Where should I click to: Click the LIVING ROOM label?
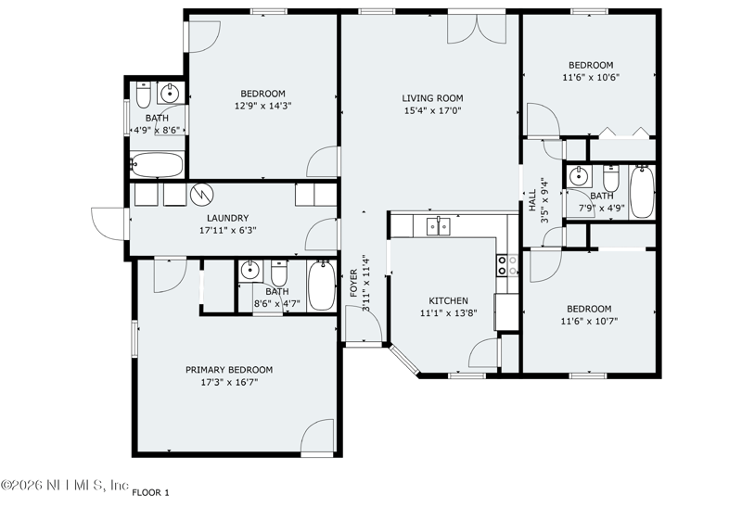[x=432, y=98]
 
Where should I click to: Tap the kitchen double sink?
[x=438, y=226]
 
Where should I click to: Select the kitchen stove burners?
[x=506, y=265]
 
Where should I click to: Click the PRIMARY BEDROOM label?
[x=229, y=370]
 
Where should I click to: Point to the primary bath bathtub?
[x=322, y=286]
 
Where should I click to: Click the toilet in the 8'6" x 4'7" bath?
[x=279, y=273]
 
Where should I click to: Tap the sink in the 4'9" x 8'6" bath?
[x=170, y=94]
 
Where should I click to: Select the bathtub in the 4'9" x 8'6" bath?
[x=157, y=164]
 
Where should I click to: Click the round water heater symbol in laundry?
[x=202, y=195]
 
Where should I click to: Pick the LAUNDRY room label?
[x=227, y=218]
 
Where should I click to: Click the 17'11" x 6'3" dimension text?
[x=228, y=231]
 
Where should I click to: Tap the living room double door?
[x=477, y=30]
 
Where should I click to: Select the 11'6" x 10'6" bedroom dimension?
[x=591, y=77]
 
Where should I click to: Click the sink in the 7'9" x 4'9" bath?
[x=578, y=176]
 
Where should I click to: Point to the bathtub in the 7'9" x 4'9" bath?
[x=642, y=191]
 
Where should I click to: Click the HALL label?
[x=531, y=200]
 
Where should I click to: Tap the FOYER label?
[x=353, y=284]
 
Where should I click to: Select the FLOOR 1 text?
[x=150, y=493]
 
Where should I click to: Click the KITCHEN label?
[x=448, y=301]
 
